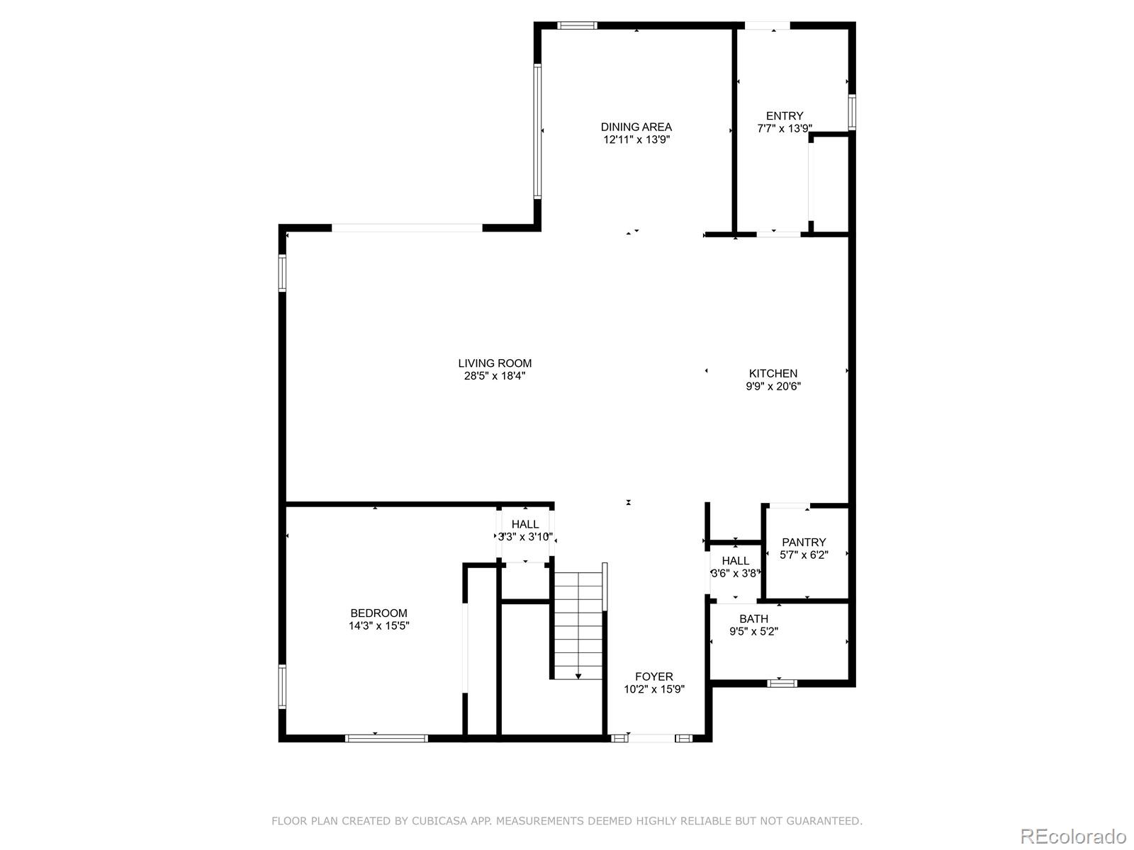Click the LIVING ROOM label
pyautogui.click(x=495, y=363)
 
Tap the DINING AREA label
pyautogui.click(x=636, y=127)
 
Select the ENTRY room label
pyautogui.click(x=785, y=116)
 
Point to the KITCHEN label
pyautogui.click(x=773, y=373)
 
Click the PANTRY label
pyautogui.click(x=804, y=543)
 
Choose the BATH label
pyautogui.click(x=753, y=619)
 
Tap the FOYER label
pyautogui.click(x=654, y=676)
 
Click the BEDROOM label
pyautogui.click(x=379, y=613)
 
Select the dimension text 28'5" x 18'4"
pyautogui.click(x=495, y=376)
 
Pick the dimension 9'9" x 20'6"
pyautogui.click(x=773, y=387)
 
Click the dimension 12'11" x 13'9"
pyautogui.click(x=636, y=140)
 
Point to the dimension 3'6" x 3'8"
pyautogui.click(x=736, y=573)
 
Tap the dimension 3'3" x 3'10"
pyautogui.click(x=525, y=537)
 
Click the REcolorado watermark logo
pyautogui.click(x=1073, y=836)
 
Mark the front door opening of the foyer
pyautogui.click(x=652, y=738)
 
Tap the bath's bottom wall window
pyautogui.click(x=782, y=684)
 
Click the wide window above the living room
pyautogui.click(x=407, y=228)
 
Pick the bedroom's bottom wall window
pyautogui.click(x=386, y=738)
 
